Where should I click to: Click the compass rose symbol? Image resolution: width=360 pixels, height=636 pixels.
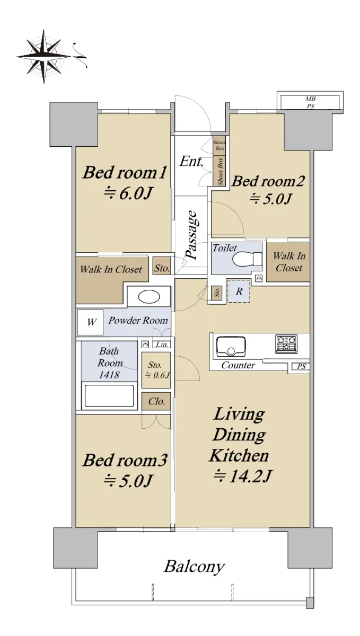[x=43, y=57]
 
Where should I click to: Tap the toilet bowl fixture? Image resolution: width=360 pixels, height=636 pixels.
[x=247, y=259]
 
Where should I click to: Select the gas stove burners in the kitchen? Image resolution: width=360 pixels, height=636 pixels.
[x=286, y=344]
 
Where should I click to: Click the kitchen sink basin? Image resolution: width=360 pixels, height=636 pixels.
[x=231, y=347]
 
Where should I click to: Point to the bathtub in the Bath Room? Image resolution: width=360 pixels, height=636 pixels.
[x=109, y=396]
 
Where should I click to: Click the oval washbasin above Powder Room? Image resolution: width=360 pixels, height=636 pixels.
[x=148, y=297]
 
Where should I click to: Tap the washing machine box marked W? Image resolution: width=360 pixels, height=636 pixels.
[x=90, y=323]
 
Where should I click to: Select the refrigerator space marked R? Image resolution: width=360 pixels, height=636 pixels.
[x=239, y=291]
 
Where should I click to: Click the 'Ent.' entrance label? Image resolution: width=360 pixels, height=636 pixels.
[x=191, y=162]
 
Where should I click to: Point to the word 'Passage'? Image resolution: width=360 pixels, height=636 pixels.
[x=191, y=235]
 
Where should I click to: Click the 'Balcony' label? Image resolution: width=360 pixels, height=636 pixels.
[x=195, y=567]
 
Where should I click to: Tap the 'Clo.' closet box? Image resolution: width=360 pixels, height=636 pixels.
[x=156, y=401]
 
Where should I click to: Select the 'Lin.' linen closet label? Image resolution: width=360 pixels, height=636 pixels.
[x=162, y=344]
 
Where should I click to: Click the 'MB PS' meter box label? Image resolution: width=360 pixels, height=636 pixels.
[x=310, y=102]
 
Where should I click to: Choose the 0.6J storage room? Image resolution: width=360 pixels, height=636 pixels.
[x=156, y=370]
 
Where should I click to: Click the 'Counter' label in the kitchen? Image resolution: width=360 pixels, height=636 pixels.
[x=238, y=365]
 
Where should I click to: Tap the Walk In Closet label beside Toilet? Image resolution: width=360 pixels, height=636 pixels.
[x=288, y=262]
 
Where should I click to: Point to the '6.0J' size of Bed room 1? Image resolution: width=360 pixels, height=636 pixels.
[x=128, y=193]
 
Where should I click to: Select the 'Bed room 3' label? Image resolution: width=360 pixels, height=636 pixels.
[x=125, y=460]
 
